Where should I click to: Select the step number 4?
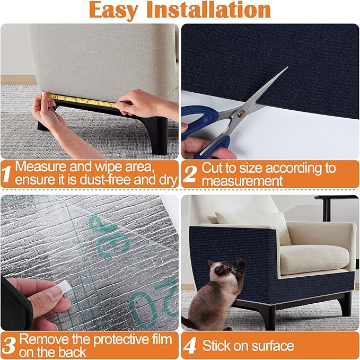pos(190,346)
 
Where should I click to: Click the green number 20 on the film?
pos(154,308)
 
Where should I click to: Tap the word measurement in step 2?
pos(235,181)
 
